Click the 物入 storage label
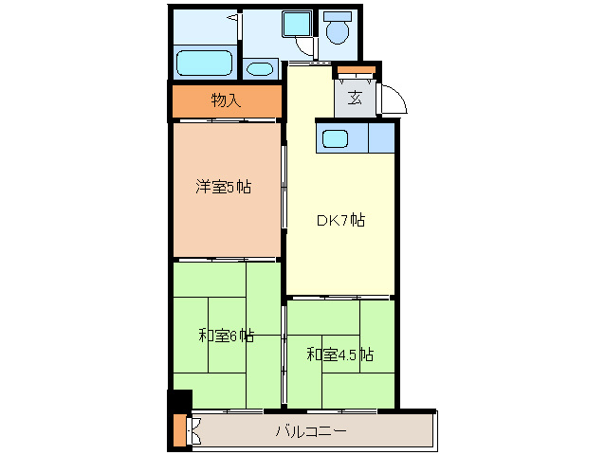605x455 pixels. click(x=226, y=100)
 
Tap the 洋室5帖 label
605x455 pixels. click(x=224, y=187)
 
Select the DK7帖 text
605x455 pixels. click(x=340, y=221)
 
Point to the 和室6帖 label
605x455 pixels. click(x=226, y=336)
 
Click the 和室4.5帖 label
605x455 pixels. click(x=339, y=355)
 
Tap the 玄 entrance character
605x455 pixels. click(x=355, y=98)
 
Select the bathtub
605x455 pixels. click(x=206, y=63)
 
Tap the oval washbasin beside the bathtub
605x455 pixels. click(x=258, y=69)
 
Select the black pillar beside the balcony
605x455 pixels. click(x=180, y=401)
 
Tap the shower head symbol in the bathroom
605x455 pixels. click(x=230, y=18)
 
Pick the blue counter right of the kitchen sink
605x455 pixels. click(x=381, y=138)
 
